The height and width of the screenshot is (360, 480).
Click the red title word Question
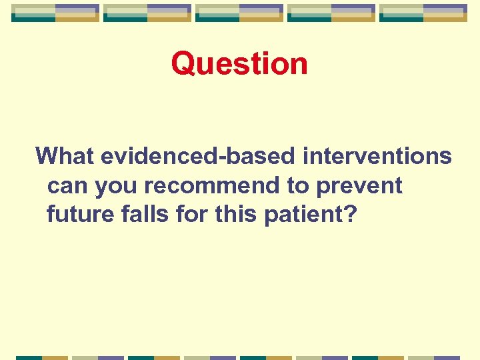239,64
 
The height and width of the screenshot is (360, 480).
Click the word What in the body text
65,156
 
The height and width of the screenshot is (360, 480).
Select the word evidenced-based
198,156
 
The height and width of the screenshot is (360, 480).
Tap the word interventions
377,156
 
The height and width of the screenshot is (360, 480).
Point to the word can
68,185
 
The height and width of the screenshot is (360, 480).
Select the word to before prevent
299,186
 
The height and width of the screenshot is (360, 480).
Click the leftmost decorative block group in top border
55,13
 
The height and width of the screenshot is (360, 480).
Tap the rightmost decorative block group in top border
423,13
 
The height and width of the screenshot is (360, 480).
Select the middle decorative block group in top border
239,13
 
